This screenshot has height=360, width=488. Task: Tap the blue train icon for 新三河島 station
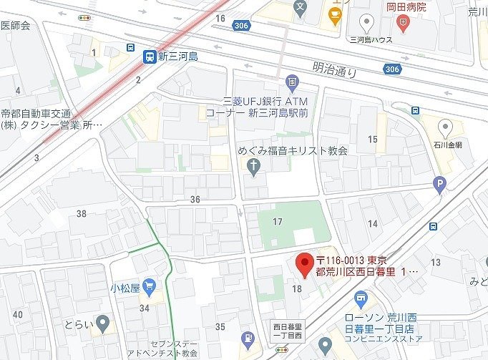[149, 57]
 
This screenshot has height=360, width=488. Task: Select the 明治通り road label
[335, 70]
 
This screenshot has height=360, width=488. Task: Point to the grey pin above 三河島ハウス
[368, 21]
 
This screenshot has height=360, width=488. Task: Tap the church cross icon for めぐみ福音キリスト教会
[253, 166]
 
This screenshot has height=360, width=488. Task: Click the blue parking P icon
[439, 185]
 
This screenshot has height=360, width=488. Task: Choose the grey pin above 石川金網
[446, 128]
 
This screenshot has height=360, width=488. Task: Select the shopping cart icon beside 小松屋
[149, 288]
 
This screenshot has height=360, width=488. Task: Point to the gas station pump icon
[248, 337]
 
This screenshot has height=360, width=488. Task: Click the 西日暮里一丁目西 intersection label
[288, 331]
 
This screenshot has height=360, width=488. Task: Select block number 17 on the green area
[278, 222]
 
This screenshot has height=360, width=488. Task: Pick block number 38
[81, 213]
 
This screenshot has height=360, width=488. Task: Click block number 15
[373, 139]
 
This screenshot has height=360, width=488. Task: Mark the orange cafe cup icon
[333, 14]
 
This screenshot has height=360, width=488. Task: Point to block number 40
[17, 314]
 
